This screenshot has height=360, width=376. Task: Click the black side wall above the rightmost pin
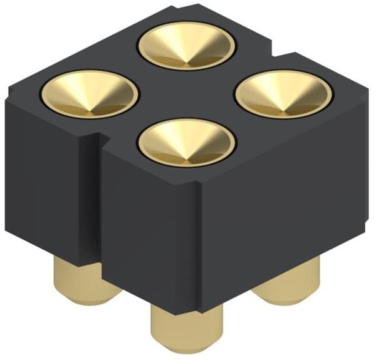coord(295,207)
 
